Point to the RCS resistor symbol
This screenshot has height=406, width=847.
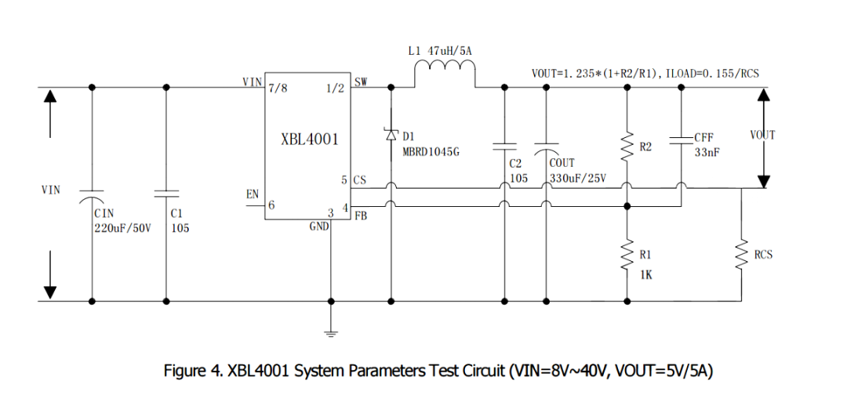point(741,254)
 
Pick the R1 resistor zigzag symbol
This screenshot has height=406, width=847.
point(627,254)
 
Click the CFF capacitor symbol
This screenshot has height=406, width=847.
point(681,140)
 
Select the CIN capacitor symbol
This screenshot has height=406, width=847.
point(92,193)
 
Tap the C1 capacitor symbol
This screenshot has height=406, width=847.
point(166,193)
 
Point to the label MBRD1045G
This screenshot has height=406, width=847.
point(431,153)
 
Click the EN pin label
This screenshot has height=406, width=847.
point(253,194)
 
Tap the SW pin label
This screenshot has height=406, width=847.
point(361,82)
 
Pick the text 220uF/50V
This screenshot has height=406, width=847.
point(122,229)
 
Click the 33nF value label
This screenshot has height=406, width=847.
point(707,153)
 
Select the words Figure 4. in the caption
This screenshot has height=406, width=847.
point(193,370)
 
